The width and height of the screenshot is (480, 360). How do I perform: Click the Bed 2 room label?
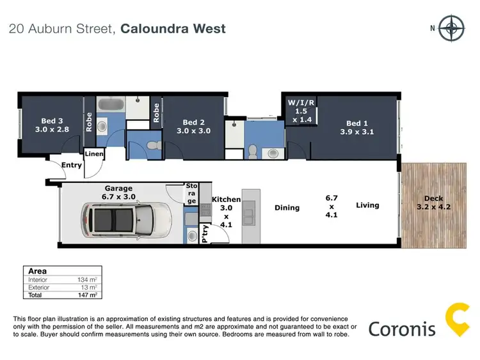click(193, 127)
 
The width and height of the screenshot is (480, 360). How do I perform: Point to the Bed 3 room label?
click(52, 125)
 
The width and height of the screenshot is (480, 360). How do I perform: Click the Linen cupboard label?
click(94, 154)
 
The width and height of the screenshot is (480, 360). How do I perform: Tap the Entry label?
click(71, 166)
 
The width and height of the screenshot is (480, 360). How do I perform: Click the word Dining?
click(287, 208)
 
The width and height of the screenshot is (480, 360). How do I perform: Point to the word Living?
click(367, 205)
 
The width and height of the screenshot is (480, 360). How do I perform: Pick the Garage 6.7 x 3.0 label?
click(119, 192)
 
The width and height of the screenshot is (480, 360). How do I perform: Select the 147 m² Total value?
click(88, 295)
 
